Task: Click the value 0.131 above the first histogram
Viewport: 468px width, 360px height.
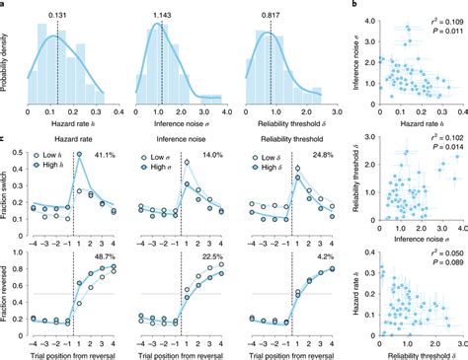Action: pyautogui.click(x=57, y=16)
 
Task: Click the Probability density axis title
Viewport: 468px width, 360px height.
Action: pyautogui.click(x=7, y=61)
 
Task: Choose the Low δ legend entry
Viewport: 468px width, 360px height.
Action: pyautogui.click(x=286, y=156)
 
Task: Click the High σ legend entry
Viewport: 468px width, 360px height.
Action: pyautogui.click(x=169, y=167)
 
